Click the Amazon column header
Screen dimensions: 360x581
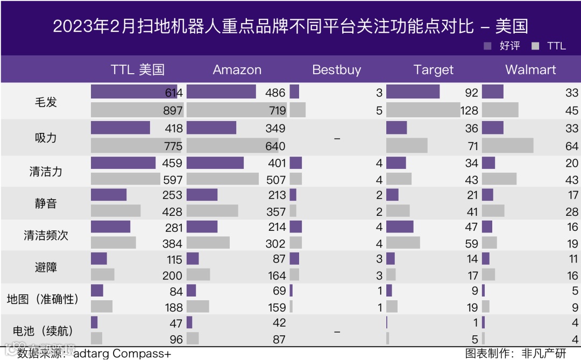tap(237, 70)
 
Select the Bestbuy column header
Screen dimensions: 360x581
tap(336, 70)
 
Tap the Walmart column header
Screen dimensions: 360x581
tap(530, 70)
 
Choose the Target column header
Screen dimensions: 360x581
tap(433, 70)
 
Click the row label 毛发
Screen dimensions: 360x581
tap(46, 102)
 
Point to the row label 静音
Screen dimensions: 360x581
tap(46, 203)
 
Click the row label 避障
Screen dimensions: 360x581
tap(46, 267)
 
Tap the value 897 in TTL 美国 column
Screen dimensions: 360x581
tap(173, 111)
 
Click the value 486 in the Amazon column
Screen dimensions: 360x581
tap(275, 93)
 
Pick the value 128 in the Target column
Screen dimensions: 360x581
tap(469, 111)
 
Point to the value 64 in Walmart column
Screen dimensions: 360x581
tap(572, 146)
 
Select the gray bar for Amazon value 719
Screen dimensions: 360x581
tap(237, 110)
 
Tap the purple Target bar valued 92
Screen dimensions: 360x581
tap(413, 92)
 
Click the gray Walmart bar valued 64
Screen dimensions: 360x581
tap(507, 146)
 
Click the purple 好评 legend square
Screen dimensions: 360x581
tap(488, 46)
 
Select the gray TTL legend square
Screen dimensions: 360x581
tap(535, 46)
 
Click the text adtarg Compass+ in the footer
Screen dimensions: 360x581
tap(122, 354)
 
